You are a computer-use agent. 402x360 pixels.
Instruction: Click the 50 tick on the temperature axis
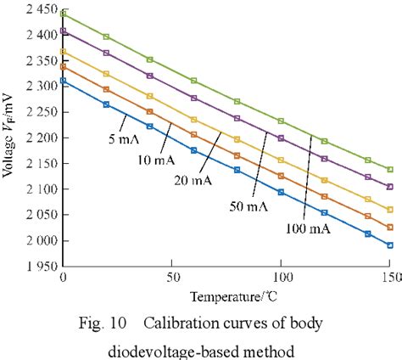click(171, 278)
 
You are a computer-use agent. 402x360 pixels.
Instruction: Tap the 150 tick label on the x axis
click(388, 278)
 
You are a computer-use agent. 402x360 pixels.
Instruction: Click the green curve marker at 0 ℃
click(63, 14)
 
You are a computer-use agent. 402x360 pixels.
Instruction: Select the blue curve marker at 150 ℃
click(389, 245)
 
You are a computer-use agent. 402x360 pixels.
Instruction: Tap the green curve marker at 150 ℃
click(389, 170)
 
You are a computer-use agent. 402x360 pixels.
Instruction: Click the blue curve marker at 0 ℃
click(63, 81)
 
